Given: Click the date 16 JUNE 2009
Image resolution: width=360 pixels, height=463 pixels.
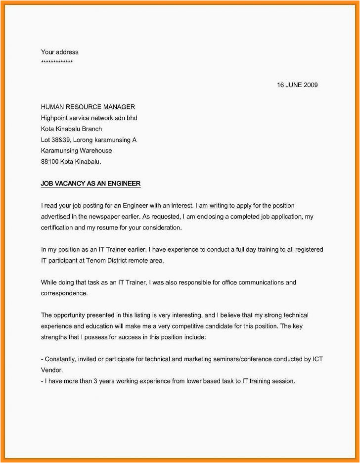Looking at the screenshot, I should click(297, 85).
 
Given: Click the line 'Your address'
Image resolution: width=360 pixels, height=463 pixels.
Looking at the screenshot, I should click(59, 52).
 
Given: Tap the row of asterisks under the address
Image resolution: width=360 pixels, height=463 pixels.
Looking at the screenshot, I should click(57, 62).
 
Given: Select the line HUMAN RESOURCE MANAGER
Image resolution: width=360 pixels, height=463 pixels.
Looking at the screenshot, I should click(88, 107).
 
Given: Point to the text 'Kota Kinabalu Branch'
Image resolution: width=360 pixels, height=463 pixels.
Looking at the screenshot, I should click(71, 129).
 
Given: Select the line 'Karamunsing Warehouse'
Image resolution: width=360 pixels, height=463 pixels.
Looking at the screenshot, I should click(76, 151).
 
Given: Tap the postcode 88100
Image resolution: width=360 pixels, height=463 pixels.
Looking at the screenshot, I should click(49, 162).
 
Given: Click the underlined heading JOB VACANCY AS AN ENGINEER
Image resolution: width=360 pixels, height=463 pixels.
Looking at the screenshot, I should click(90, 184).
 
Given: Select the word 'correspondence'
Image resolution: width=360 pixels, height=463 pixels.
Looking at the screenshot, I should click(63, 293).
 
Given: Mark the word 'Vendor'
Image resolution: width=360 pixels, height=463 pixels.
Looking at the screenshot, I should click(51, 370).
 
